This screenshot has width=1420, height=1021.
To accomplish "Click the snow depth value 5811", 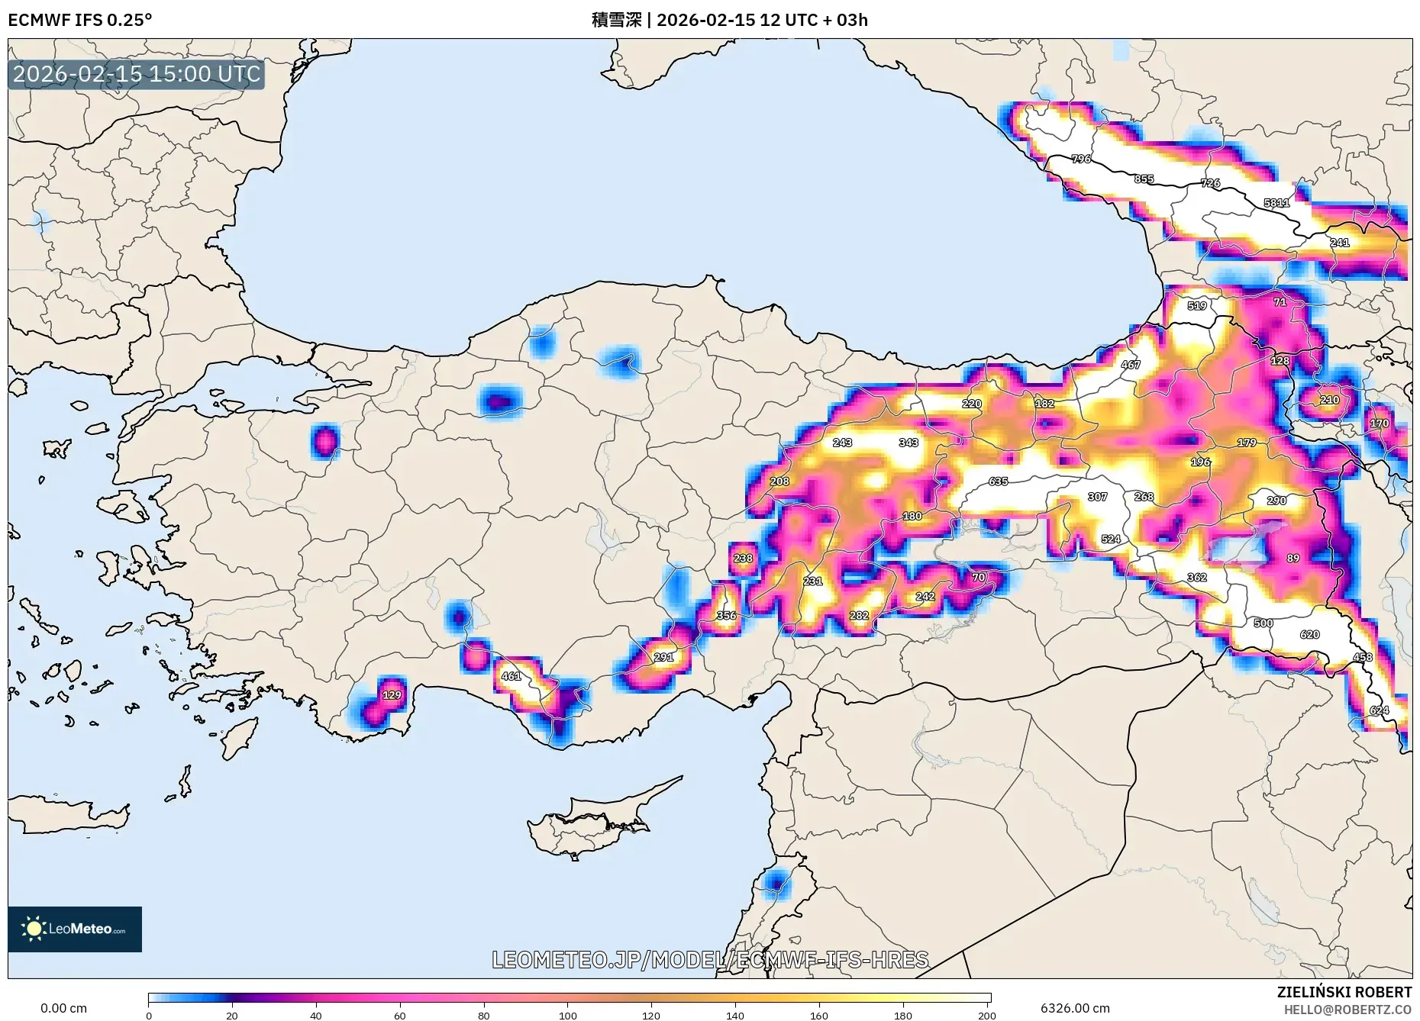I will click(1276, 203).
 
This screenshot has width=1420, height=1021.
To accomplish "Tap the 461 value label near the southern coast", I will click(511, 676).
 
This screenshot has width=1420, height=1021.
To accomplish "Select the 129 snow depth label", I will click(392, 695).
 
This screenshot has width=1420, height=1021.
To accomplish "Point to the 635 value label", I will click(998, 482).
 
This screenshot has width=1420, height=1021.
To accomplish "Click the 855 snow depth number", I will click(1144, 179).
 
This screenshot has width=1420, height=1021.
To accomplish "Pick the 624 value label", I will click(1379, 710).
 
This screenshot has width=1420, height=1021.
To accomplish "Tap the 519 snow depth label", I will click(1197, 306).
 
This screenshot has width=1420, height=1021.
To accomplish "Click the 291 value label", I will click(663, 657).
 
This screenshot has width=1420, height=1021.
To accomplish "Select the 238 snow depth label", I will click(743, 559).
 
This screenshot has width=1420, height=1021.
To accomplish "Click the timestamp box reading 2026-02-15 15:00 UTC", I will click(137, 74).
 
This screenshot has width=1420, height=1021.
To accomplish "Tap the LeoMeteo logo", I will click(75, 929).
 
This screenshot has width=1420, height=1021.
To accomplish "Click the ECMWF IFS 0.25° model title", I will click(80, 20).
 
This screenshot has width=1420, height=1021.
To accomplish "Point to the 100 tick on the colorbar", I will click(567, 1016).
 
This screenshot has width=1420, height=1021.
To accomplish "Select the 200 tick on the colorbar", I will click(986, 1016).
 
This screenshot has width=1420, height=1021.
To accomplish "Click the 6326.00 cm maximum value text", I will click(1075, 1008).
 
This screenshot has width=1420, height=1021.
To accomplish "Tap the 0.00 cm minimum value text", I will click(63, 1008).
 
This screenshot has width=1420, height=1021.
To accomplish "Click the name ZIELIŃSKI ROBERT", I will click(1344, 992).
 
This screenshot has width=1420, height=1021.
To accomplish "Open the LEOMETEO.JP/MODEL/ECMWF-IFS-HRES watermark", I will click(710, 959).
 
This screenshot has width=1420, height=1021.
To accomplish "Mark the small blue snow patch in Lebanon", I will click(776, 884).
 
